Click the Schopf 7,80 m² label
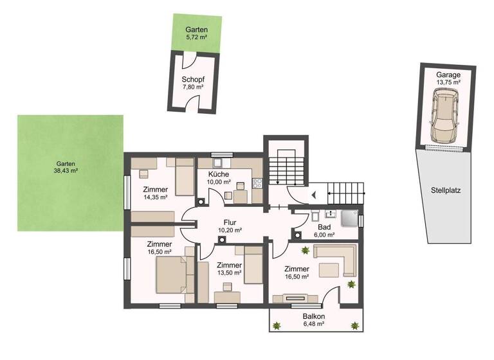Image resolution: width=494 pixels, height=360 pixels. click(192, 83)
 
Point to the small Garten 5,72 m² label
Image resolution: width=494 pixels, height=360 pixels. click(196, 34)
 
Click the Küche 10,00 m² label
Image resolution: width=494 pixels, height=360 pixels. click(221, 178)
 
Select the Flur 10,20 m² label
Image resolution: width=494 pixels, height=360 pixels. click(230, 226)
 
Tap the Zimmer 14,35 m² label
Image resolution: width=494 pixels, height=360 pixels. click(156, 194)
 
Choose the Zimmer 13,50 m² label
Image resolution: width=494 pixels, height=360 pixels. click(229, 269)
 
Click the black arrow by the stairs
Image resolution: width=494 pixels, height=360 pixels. click(314, 194)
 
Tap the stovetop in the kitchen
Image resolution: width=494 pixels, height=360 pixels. click(257, 183)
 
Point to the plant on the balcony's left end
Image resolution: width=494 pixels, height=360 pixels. click(277, 327)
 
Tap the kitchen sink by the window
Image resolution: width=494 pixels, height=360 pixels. click(219, 163)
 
